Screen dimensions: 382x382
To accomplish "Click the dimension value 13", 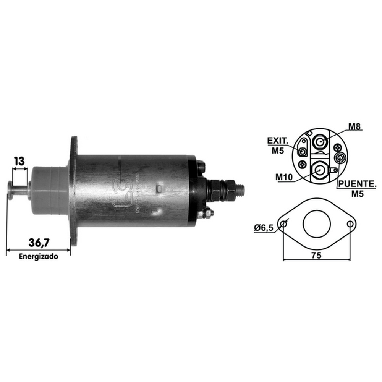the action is click(19, 161).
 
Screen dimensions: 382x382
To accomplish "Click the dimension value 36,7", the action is click(39, 243).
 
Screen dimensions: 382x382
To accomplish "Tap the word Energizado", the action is click(39, 257).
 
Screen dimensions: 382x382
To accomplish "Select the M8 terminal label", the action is click(354, 127).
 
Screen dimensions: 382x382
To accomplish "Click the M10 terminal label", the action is click(284, 177).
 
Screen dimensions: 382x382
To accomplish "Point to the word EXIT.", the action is click(277, 141).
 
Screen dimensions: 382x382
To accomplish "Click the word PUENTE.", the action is click(357, 184).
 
